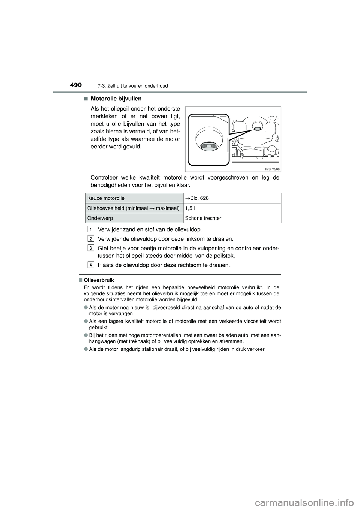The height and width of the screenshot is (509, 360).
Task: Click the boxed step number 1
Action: (x=91, y=229)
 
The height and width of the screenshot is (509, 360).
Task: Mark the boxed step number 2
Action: (x=91, y=239)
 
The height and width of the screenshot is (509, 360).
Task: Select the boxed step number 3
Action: (x=91, y=248)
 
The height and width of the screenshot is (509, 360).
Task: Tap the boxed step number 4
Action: (x=91, y=265)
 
